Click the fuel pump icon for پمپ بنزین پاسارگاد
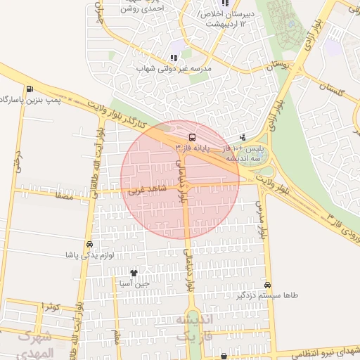coord(29,89)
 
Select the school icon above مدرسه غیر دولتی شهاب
coord(174,58)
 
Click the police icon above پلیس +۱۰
coord(243,137)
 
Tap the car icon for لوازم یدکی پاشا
coord(89,245)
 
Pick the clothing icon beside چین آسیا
coord(134,272)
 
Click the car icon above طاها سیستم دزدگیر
coord(268,285)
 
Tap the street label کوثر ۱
coord(51,307)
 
